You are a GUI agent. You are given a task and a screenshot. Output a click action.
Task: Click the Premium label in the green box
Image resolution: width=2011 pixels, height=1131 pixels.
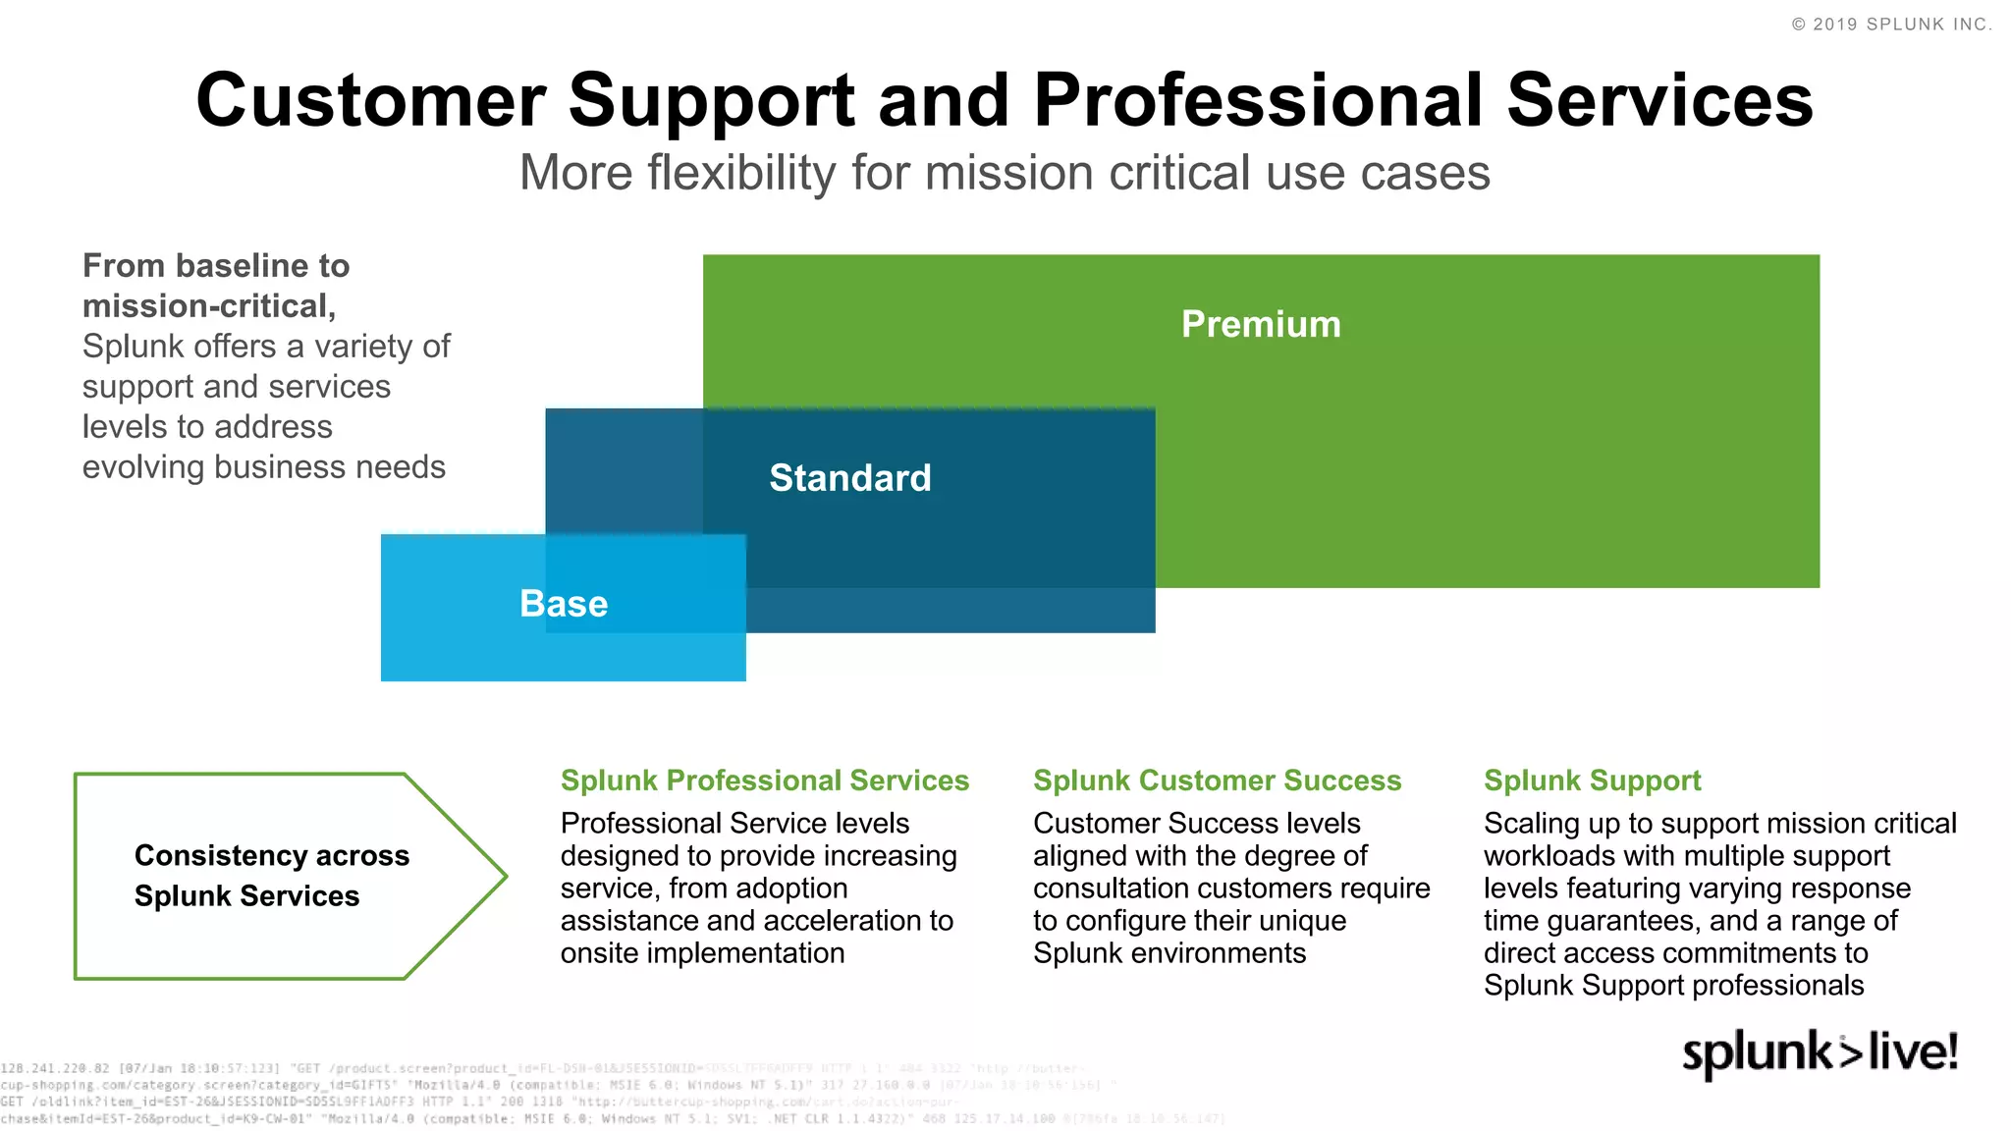[x=1261, y=325]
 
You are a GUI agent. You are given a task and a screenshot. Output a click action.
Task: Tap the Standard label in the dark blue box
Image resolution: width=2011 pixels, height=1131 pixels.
[x=849, y=478]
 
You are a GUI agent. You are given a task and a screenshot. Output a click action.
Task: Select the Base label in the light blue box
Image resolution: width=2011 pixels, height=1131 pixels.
[x=564, y=604]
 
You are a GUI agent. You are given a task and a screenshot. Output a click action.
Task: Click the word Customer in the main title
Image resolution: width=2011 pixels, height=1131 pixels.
[x=371, y=101]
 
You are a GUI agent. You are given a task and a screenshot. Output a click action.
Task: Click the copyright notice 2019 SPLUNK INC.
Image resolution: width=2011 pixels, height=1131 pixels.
[x=1891, y=25]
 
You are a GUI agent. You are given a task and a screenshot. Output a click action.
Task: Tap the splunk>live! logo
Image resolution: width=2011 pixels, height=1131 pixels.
[x=1820, y=1053]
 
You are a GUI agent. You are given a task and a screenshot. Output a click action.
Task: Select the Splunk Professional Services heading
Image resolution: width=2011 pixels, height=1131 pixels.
[x=764, y=781]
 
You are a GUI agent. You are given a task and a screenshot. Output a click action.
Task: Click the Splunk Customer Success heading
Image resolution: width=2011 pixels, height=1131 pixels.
[x=1217, y=781]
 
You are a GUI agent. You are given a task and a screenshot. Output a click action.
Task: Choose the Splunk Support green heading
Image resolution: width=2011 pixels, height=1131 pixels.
[x=1592, y=781]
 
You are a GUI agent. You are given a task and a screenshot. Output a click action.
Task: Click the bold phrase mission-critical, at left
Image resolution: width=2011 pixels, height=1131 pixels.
[x=208, y=306]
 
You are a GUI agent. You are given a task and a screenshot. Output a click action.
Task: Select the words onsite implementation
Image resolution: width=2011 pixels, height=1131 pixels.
[x=702, y=953]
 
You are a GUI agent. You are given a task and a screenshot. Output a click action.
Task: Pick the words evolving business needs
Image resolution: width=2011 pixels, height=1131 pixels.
[x=263, y=467]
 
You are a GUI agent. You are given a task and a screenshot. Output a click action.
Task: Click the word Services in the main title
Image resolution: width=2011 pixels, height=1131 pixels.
[x=1659, y=101]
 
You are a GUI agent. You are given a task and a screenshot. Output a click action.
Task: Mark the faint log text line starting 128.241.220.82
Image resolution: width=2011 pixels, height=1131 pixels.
[x=540, y=1068]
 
